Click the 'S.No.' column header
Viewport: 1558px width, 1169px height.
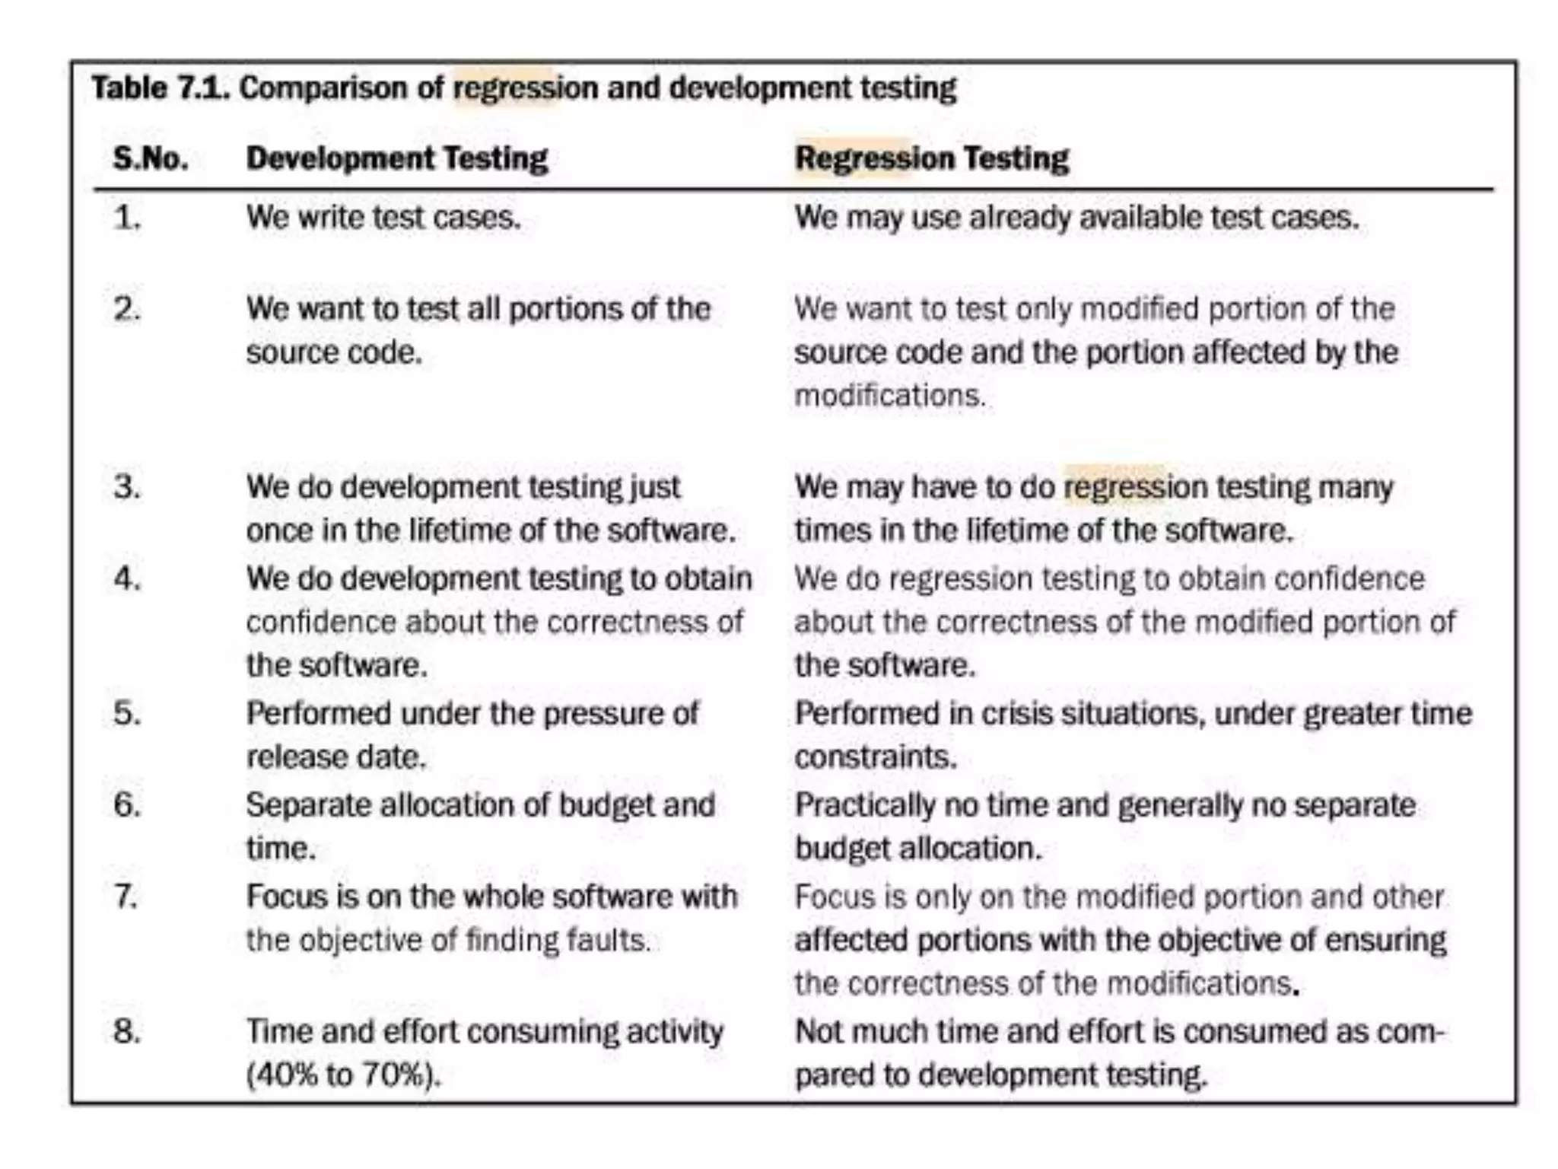(x=151, y=158)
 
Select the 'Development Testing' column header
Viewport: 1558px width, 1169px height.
(x=396, y=158)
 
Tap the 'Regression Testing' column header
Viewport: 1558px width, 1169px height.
(x=931, y=158)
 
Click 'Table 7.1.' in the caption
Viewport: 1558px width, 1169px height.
(x=161, y=88)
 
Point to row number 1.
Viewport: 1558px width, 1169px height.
(x=127, y=218)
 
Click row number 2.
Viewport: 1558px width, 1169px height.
(x=127, y=310)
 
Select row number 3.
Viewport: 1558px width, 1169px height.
(x=127, y=487)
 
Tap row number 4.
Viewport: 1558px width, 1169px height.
(x=127, y=579)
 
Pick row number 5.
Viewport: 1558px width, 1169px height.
(x=127, y=714)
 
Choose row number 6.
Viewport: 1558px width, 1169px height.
(x=127, y=805)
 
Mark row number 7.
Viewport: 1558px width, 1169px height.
(x=127, y=897)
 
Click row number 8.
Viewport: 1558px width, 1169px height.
(x=127, y=1032)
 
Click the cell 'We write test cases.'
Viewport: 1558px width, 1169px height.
(x=383, y=218)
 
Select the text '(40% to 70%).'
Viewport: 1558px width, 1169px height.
(x=343, y=1075)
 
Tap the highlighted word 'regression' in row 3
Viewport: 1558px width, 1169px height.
(x=1114, y=487)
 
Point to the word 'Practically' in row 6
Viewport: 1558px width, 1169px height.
(x=865, y=805)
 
